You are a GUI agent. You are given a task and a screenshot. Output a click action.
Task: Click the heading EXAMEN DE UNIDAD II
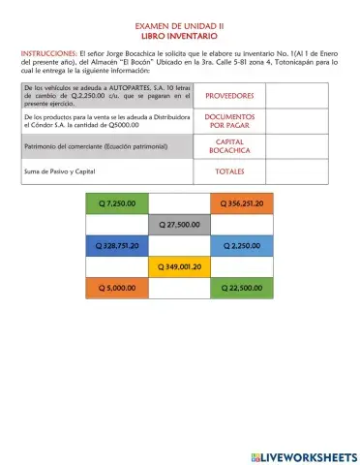180,30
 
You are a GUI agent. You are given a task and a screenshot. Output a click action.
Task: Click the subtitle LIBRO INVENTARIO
180,40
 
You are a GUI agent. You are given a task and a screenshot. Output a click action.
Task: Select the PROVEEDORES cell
230,96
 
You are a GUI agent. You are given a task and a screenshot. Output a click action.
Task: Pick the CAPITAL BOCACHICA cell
230,146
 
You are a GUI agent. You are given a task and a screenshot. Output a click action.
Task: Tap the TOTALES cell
230,171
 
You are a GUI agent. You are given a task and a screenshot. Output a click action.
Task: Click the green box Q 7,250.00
117,203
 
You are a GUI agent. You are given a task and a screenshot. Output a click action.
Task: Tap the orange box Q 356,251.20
242,203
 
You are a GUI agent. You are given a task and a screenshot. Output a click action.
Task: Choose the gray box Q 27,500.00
179,225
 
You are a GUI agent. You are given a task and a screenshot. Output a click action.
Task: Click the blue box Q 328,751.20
117,246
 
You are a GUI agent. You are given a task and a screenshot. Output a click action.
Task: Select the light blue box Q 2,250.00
242,246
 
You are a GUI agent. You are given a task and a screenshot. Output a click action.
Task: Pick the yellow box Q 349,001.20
179,266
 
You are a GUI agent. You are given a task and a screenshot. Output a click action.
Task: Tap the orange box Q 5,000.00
117,288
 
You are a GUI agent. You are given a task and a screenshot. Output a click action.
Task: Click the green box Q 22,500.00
242,288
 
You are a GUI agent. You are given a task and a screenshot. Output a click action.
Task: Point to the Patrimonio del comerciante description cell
107,146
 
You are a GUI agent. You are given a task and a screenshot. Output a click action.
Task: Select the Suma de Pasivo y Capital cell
107,171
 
